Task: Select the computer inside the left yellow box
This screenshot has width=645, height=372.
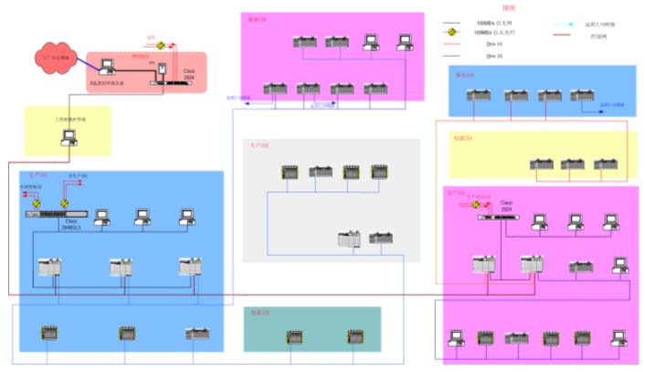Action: [67, 137]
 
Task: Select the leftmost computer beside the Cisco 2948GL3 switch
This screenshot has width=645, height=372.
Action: [100, 218]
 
